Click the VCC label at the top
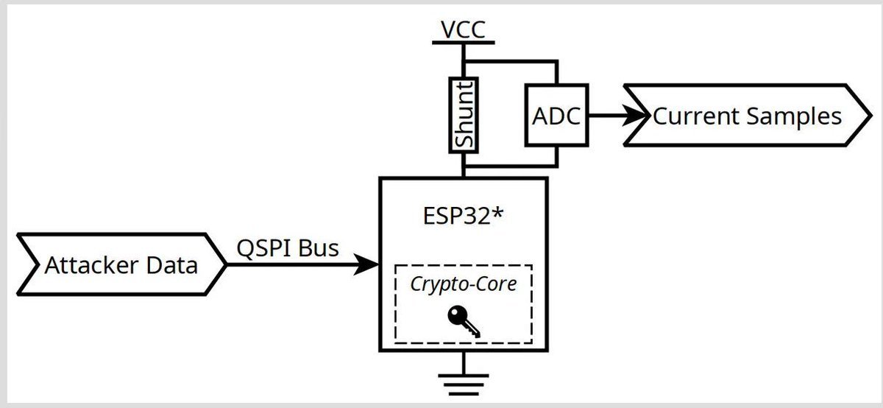coord(463,29)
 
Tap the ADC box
coord(556,116)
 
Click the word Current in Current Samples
coord(698,116)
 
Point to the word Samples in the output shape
coord(795,117)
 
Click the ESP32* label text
coord(462,217)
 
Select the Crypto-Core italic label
coord(464,284)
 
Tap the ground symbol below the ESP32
coord(463,384)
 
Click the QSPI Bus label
coord(288,248)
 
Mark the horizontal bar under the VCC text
coord(463,43)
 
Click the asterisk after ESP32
coord(502,215)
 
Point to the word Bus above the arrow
coord(319,248)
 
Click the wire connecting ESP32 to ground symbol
coord(463,362)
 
